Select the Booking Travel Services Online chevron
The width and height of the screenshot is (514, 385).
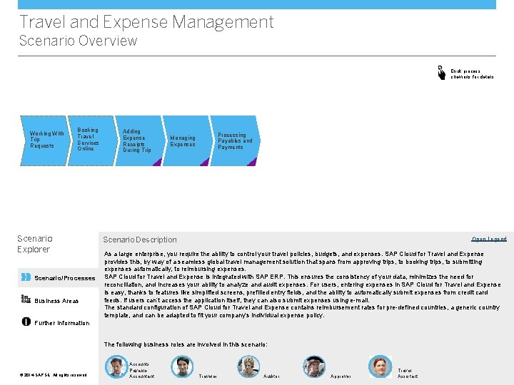89,140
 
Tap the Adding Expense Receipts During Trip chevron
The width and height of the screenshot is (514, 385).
136,140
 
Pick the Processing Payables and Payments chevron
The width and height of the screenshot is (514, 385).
235,140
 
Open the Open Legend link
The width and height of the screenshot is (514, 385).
489,239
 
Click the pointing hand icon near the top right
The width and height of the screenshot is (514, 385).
442,72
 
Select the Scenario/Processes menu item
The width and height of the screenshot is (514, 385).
65,278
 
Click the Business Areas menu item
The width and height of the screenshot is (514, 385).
56,301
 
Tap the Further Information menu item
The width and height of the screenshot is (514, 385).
61,323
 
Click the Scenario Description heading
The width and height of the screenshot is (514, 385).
140,240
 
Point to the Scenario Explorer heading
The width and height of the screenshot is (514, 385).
34,244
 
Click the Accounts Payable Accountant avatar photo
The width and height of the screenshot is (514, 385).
116,366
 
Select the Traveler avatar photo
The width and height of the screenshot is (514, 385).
182,366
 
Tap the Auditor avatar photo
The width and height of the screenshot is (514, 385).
248,366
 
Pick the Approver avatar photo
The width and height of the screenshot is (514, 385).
314,366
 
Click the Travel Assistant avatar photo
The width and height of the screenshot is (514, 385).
381,366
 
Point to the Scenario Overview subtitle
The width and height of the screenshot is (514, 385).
78,41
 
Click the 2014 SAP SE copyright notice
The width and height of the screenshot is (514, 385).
54,375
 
